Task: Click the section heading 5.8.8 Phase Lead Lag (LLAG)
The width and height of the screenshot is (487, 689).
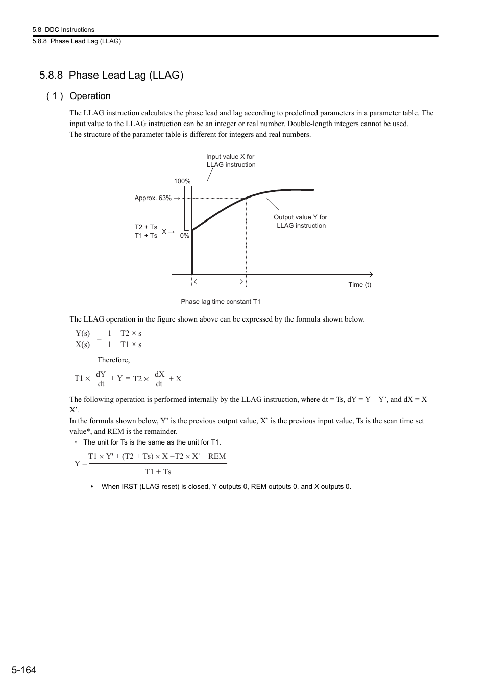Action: coord(111,75)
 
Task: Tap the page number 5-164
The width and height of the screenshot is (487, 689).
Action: coord(23,670)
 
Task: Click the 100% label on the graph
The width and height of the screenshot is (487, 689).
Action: coord(182,181)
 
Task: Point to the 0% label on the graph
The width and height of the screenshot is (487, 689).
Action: coord(184,236)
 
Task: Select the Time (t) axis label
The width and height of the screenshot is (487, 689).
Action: coord(359,285)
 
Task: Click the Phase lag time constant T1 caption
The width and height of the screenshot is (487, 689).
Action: coord(221,302)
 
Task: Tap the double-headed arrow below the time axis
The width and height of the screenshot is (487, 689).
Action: coord(218,281)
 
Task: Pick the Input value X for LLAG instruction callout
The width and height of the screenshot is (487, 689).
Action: coord(231,161)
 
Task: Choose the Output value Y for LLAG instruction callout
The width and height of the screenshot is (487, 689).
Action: coord(300,221)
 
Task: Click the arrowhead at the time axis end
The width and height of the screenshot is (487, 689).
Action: coord(371,274)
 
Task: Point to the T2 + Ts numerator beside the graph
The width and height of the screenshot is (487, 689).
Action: coord(146,227)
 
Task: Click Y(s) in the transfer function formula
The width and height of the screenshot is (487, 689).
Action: coord(83,333)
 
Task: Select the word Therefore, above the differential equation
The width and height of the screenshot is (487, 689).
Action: coord(113,360)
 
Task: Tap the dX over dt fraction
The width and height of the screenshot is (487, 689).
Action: coord(159,379)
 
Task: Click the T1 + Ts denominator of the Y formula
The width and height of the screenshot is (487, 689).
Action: coord(158,472)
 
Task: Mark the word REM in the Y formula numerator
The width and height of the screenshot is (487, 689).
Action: coord(217,456)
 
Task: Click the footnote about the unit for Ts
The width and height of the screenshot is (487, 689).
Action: coord(152,442)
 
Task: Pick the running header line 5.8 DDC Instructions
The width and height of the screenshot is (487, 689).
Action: coord(63,30)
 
